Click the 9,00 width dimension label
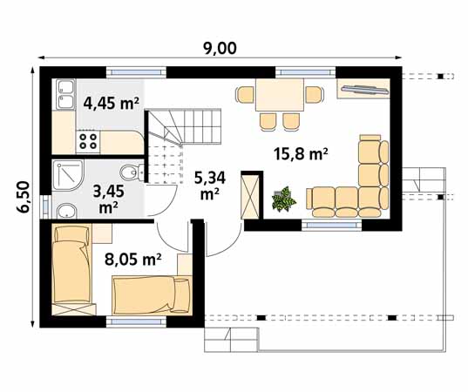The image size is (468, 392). coord(220,49)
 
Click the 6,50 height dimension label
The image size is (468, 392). coord(24,197)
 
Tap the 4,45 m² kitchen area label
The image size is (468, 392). coord(111,104)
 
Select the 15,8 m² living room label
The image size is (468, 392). coord(301,154)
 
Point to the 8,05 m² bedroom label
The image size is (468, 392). coord(132,259)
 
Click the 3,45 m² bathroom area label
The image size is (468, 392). coord(108,199)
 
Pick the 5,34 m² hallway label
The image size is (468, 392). coord(210,186)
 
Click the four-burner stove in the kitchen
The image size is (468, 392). coord(88,141)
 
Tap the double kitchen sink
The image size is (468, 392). coord(65,94)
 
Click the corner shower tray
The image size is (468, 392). coord(67,175)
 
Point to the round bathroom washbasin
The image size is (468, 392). coord(66,212)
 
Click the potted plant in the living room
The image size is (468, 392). coord(283,199)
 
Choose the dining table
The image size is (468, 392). coord(280,95)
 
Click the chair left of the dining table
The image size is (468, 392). coord(245,95)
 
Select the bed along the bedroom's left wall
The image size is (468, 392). coord(71,269)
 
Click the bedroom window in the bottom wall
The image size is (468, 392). coord(136,321)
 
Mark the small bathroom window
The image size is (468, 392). coord(45,206)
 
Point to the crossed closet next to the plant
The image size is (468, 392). coord(250,197)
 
